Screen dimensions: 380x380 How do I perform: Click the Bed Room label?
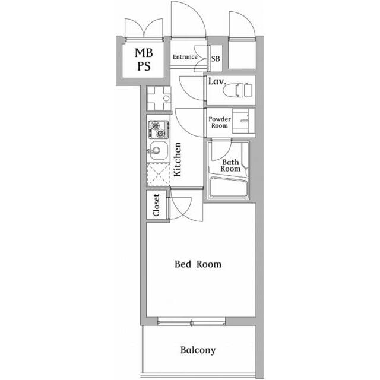198,264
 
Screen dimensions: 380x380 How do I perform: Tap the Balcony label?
198,350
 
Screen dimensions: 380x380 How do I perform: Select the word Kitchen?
178,159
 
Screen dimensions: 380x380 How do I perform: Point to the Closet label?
156,205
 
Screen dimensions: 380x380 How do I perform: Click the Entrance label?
185,57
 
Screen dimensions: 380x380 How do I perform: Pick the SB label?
216,59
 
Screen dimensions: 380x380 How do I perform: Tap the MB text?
144,53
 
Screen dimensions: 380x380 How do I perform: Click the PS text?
144,66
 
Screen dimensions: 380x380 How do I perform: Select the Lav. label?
217,81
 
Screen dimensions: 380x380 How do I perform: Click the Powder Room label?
220,122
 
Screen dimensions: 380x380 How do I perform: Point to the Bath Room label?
230,166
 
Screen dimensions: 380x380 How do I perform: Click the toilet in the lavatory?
237,90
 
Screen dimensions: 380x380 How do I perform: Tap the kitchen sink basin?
159,150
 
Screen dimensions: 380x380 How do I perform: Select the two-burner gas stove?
159,129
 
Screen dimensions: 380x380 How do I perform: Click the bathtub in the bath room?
229,187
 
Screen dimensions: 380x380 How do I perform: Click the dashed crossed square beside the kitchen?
159,175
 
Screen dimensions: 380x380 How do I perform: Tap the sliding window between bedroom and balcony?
191,322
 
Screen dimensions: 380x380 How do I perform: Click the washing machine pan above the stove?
159,99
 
